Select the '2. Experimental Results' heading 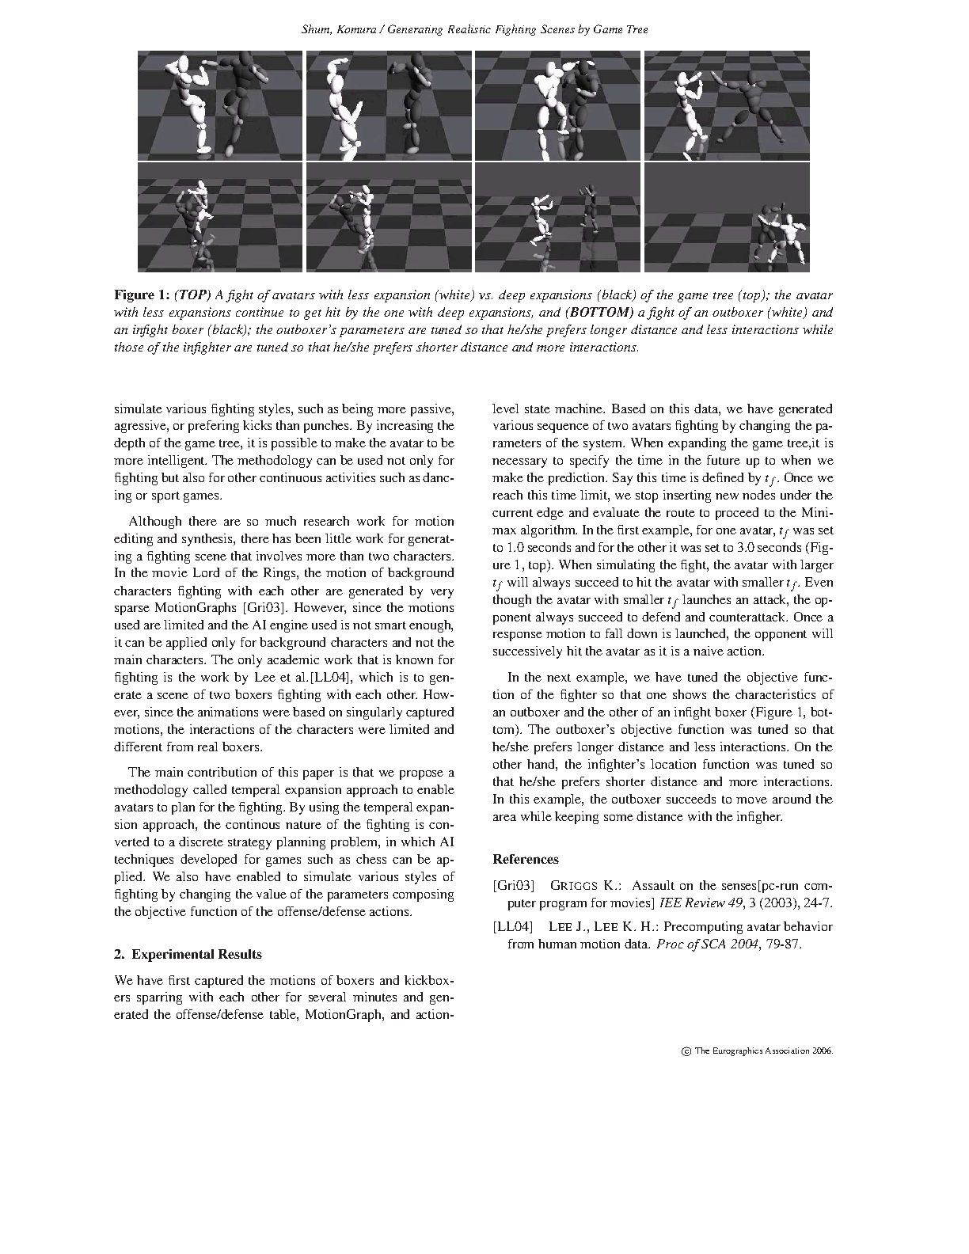[x=188, y=954]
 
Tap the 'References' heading [x=525, y=859]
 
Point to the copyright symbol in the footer [x=686, y=1052]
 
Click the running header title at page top [x=475, y=30]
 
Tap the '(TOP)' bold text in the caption [x=192, y=295]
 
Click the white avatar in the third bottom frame [x=541, y=219]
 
